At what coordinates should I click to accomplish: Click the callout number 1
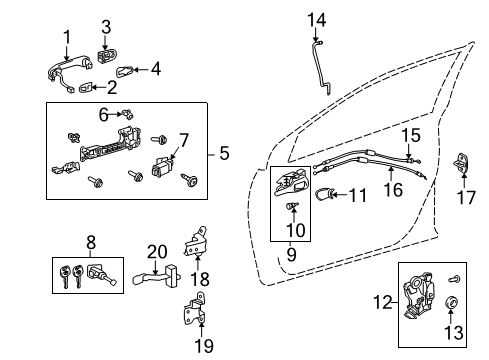tap(67, 38)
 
